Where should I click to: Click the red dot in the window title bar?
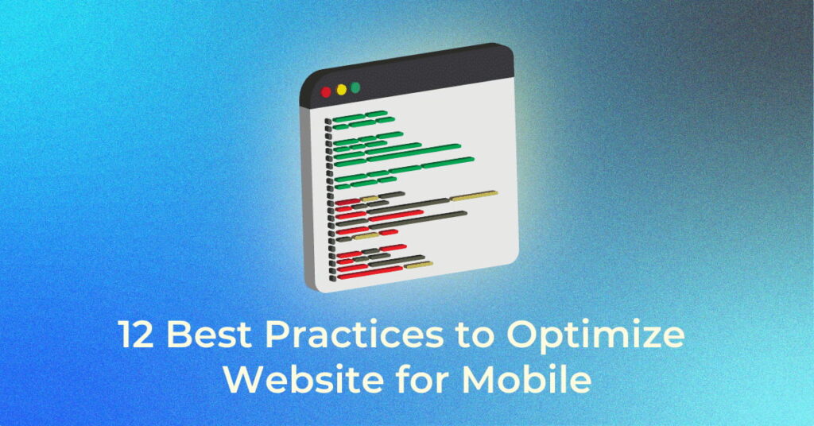[326, 92]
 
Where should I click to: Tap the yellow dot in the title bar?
[341, 90]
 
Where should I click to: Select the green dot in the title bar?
[355, 87]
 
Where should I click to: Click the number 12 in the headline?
[136, 335]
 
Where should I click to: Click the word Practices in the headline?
[355, 335]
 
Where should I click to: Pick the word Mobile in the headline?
[526, 379]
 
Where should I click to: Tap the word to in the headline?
[475, 335]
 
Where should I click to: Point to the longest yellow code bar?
[474, 196]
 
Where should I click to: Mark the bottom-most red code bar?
[370, 273]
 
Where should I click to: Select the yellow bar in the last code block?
[418, 265]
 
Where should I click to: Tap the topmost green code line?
[360, 116]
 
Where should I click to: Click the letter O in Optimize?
[521, 335]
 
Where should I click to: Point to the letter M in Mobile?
[479, 381]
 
